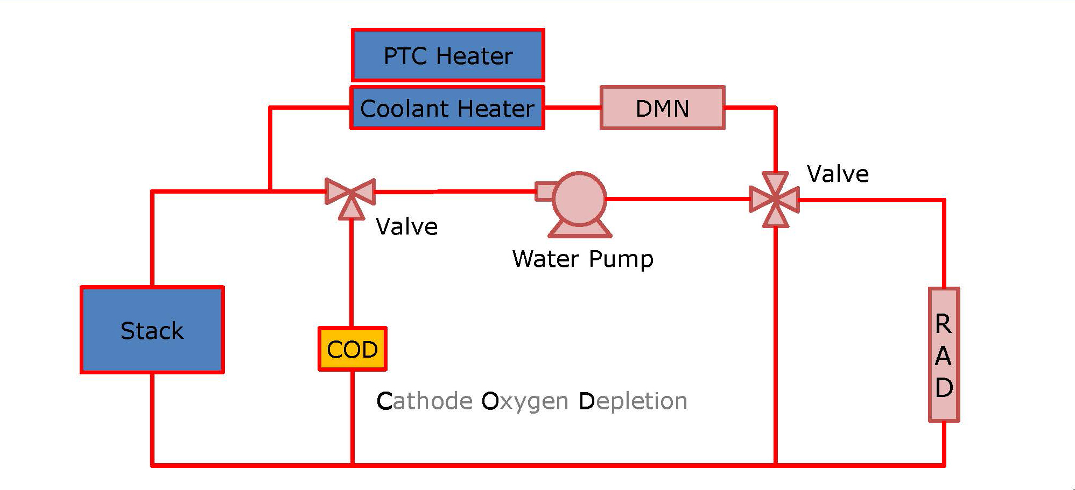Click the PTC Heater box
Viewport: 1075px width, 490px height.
point(447,55)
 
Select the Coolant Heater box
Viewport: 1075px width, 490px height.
point(447,108)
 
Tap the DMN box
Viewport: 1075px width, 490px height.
point(662,108)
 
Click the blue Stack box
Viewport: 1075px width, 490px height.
point(152,330)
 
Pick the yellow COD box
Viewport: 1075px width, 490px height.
point(353,349)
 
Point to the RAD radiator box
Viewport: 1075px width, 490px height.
point(944,355)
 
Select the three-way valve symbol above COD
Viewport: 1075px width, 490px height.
point(350,195)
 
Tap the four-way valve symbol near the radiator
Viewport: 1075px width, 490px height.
point(775,200)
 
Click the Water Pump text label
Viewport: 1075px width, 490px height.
point(582,259)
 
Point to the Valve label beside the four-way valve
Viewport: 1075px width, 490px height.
point(838,174)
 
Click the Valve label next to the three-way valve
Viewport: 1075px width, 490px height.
point(406,226)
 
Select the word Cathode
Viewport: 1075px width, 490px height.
point(424,401)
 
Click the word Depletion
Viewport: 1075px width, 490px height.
point(633,401)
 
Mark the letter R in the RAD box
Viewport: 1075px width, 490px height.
point(943,324)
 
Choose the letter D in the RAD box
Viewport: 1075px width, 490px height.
point(944,387)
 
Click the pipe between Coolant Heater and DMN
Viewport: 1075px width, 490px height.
point(572,108)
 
